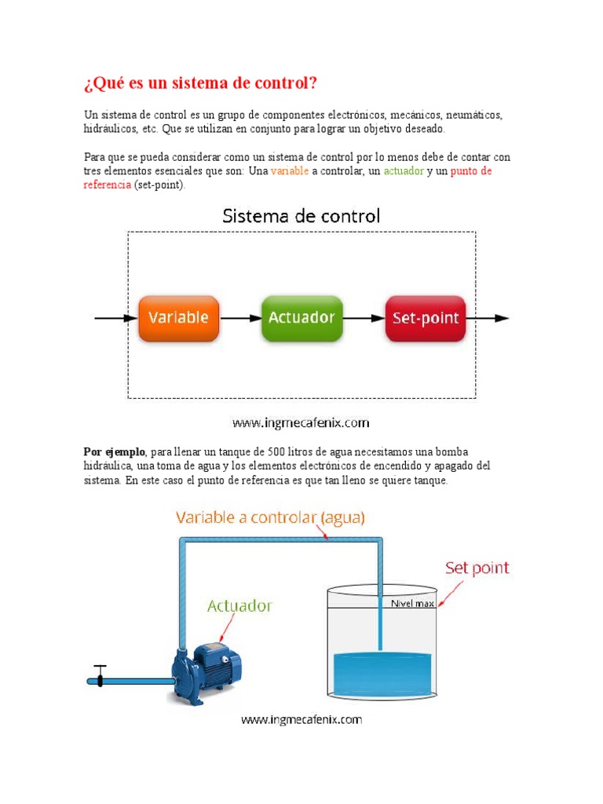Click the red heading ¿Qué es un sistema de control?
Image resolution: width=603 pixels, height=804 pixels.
pyautogui.click(x=202, y=83)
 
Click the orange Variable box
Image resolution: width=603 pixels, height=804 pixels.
pyautogui.click(x=178, y=318)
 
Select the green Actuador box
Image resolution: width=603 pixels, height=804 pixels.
pyautogui.click(x=301, y=318)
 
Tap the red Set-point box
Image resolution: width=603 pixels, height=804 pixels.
pyautogui.click(x=425, y=318)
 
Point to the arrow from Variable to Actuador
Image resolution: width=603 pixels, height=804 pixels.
pyautogui.click(x=239, y=318)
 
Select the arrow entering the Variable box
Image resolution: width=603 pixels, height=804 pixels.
pyautogui.click(x=113, y=318)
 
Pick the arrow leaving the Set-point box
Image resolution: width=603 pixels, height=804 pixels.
pyautogui.click(x=488, y=318)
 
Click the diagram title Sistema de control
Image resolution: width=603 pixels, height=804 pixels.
pyautogui.click(x=301, y=215)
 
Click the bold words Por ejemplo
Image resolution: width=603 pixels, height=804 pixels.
pyautogui.click(x=115, y=452)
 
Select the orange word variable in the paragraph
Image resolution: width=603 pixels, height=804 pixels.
pyautogui.click(x=290, y=171)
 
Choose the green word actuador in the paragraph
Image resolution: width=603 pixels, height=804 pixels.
pyautogui.click(x=403, y=171)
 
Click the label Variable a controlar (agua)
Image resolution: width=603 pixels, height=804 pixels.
pyautogui.click(x=270, y=518)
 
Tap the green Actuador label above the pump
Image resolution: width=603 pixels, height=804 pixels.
pyautogui.click(x=239, y=605)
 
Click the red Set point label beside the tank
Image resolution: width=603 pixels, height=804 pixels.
pyautogui.click(x=477, y=567)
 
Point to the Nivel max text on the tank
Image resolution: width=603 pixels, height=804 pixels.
pyautogui.click(x=412, y=604)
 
